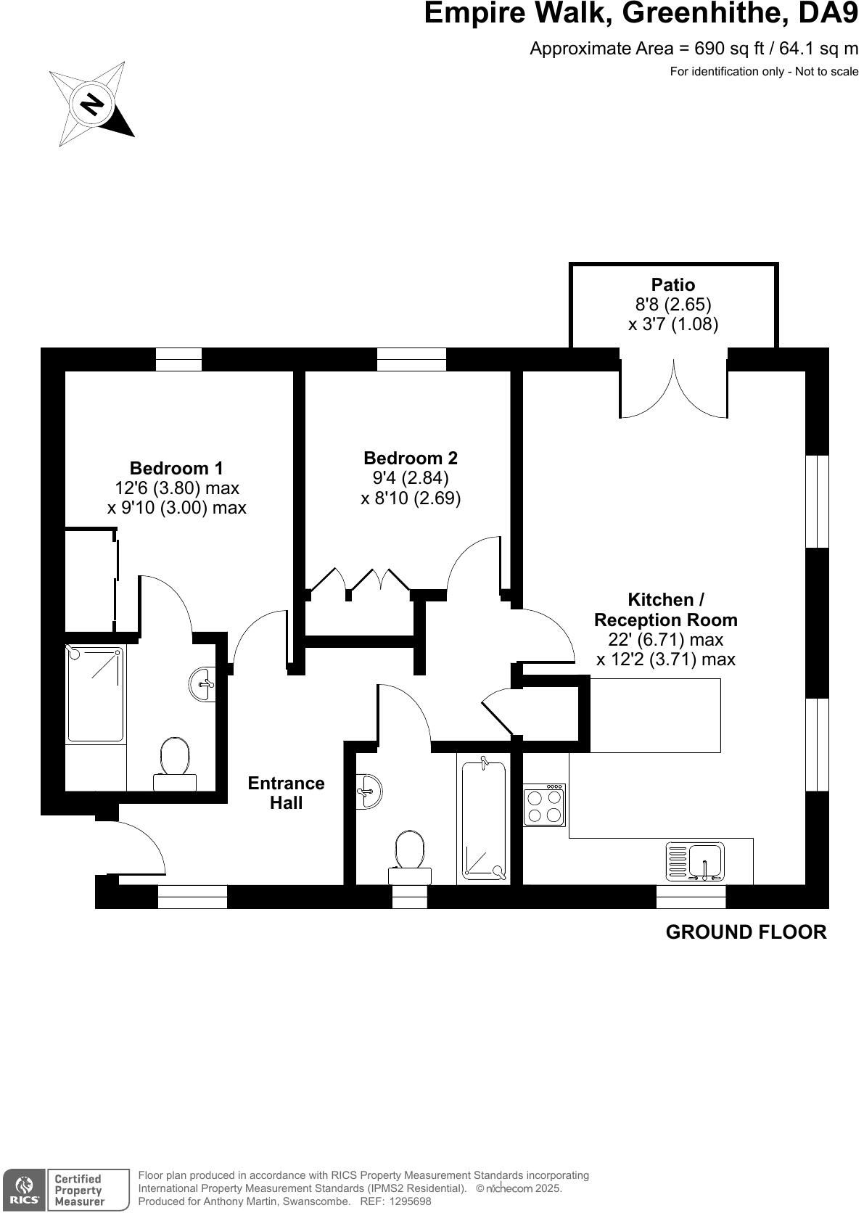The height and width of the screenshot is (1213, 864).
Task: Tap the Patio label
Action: coord(672,285)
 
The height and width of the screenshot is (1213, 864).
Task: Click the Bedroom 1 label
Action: coord(176,468)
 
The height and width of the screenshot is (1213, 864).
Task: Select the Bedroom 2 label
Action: coord(411,458)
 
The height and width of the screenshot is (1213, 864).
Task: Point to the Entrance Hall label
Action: coord(286,793)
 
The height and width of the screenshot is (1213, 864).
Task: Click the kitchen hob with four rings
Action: coord(544,805)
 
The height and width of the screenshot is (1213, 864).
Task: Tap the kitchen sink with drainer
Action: coord(695,862)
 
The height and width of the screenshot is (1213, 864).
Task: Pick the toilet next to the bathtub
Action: coord(410,856)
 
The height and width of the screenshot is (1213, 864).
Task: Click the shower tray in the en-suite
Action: coord(95,694)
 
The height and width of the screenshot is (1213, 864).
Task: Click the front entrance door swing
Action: coord(138,849)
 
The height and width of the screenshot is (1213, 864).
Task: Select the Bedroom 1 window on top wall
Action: coord(178,360)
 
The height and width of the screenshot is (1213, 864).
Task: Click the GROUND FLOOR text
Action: coord(746,932)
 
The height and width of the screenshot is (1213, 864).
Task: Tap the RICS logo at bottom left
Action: coord(23,1190)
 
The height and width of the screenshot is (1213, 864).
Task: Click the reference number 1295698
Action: coord(410,1201)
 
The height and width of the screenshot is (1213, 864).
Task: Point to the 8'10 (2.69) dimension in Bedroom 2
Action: coord(411,498)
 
